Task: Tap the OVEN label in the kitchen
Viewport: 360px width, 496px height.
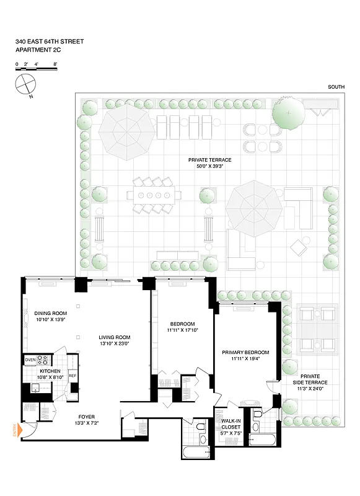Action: coord(30,360)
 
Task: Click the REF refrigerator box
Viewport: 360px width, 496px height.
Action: coord(72,375)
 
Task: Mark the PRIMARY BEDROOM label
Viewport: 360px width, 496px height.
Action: coord(244,352)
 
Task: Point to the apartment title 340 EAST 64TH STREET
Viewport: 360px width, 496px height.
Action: coord(50,42)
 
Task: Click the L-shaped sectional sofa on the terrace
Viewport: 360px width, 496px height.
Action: coord(300,208)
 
